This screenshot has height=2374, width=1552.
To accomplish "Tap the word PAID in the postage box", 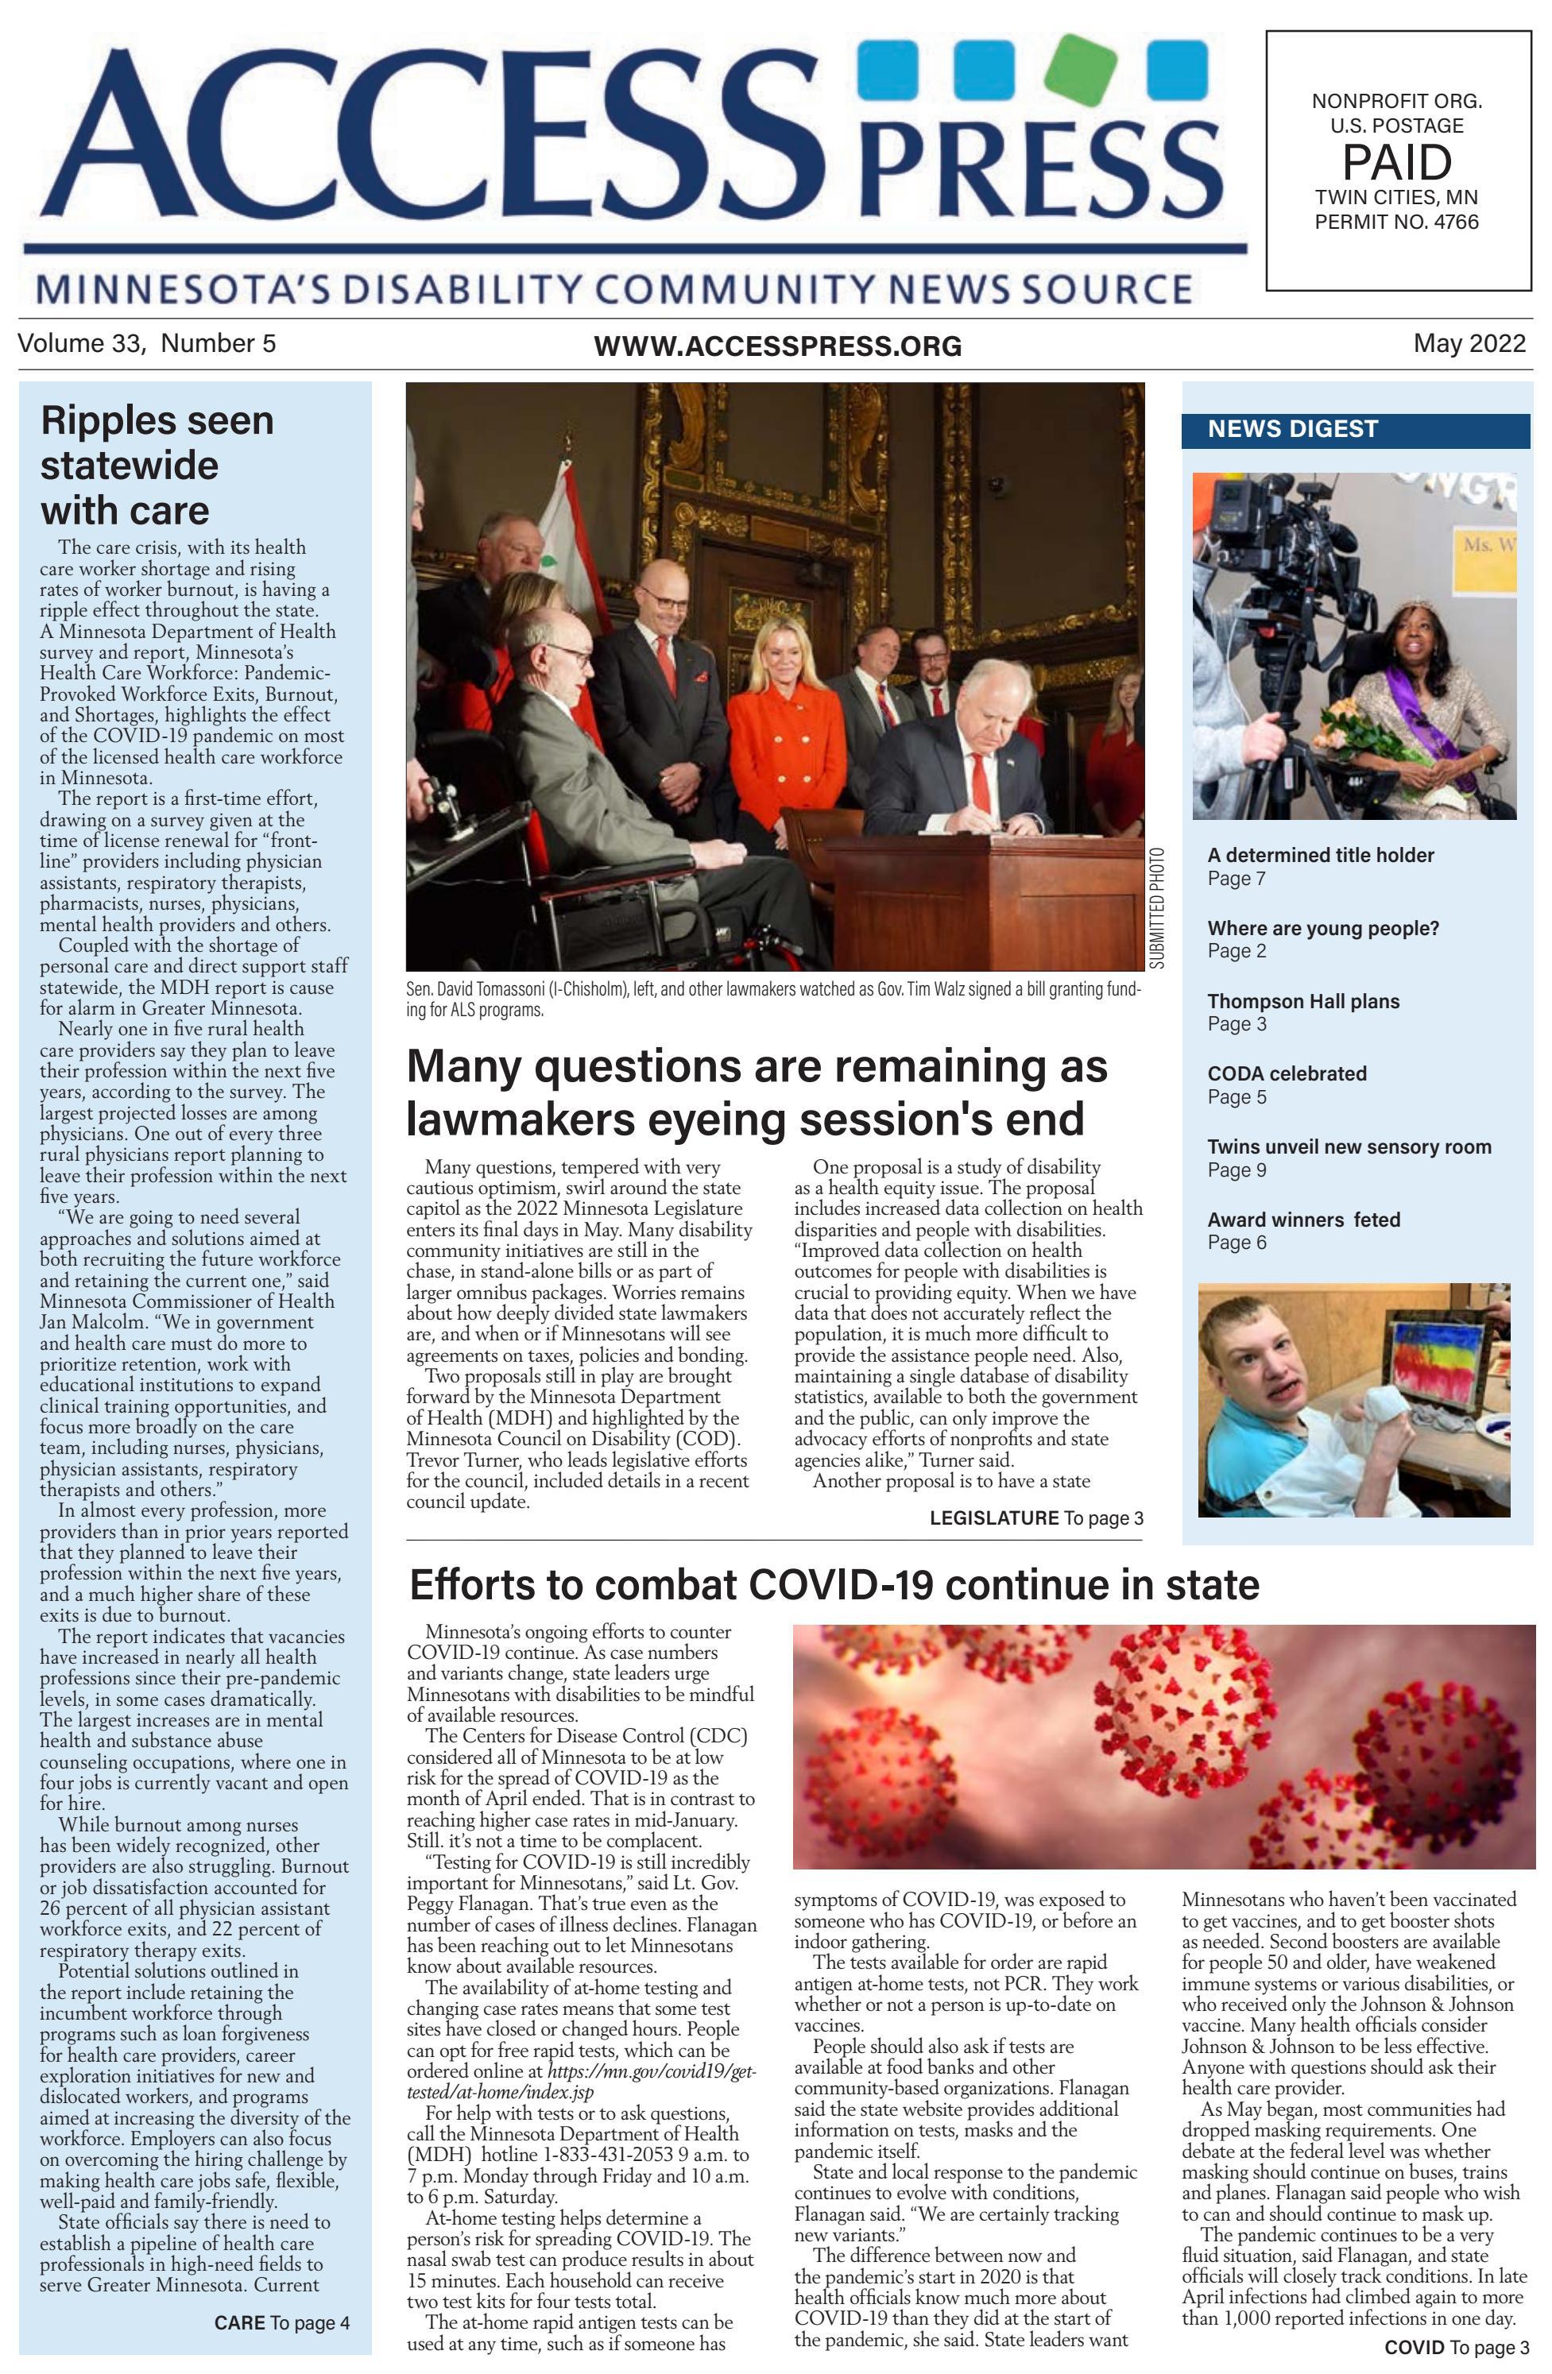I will coord(1396,161).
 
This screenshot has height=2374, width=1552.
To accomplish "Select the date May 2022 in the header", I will coord(1469,344).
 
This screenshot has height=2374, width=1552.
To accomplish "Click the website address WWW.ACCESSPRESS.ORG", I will coord(777,346).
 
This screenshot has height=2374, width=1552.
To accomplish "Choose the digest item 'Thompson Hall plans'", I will coord(1302,1001).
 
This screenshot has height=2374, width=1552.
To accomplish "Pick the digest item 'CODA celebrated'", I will coord(1286,1074).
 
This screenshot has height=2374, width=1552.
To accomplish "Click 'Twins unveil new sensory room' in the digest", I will coord(1349,1147).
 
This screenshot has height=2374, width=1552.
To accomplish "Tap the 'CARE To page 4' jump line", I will coord(281,2323).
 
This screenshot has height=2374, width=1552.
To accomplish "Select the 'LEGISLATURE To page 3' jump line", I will coord(1035,1518).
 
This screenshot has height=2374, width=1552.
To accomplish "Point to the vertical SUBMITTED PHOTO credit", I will coord(1156,907).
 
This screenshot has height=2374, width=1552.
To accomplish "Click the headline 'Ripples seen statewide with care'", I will coord(156,465).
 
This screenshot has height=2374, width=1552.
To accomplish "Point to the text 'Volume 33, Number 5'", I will coord(147,344).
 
